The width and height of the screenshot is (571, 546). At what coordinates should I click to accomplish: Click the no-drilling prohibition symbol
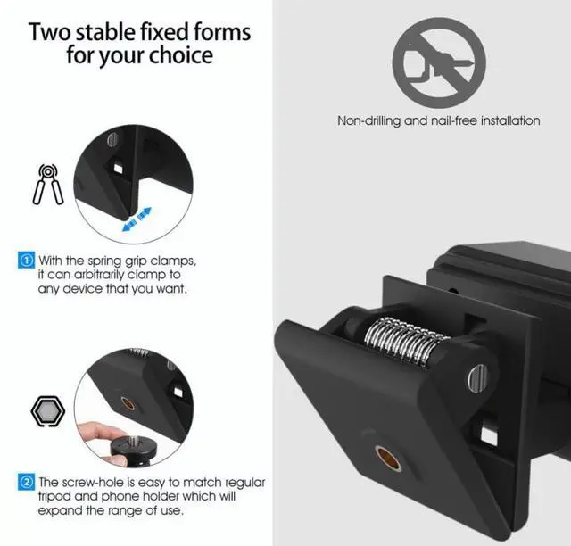(x=439, y=62)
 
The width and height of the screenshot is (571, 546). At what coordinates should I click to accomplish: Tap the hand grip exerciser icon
(x=48, y=185)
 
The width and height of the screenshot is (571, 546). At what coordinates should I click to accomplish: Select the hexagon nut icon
(x=47, y=411)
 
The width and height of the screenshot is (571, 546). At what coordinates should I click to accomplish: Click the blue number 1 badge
(x=26, y=261)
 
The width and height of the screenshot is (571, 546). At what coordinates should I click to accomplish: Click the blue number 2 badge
(x=26, y=482)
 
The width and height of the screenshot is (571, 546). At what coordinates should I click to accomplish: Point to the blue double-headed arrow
(x=137, y=219)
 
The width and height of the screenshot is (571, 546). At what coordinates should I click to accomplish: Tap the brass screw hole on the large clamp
(x=389, y=458)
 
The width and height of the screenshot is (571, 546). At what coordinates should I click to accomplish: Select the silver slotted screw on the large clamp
(x=477, y=378)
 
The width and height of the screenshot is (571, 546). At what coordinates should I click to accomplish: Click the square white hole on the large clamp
(x=489, y=435)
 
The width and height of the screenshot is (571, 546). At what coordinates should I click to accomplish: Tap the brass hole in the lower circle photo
(x=128, y=403)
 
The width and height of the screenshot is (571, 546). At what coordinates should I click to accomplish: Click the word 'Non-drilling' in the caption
(x=368, y=120)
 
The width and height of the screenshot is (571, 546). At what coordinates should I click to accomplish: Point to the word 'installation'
(x=510, y=120)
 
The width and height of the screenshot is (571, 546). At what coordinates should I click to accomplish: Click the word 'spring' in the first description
(x=105, y=261)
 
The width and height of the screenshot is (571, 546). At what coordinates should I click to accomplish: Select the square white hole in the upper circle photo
(x=118, y=169)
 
